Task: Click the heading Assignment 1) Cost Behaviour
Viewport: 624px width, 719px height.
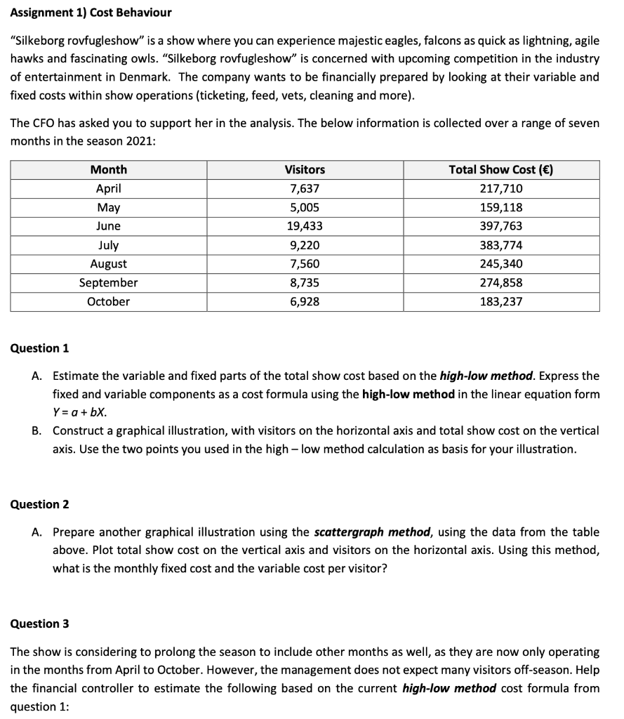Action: point(91,13)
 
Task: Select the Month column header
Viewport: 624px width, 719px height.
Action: point(109,169)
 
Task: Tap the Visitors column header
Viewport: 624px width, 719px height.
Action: point(305,169)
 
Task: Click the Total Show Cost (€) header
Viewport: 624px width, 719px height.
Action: point(501,169)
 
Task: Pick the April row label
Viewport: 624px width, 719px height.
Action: point(109,188)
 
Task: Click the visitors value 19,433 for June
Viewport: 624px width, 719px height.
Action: point(305,226)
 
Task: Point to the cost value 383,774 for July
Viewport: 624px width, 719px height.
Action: point(501,245)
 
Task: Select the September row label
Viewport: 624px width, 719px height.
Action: point(109,282)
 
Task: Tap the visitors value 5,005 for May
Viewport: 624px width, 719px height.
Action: point(305,207)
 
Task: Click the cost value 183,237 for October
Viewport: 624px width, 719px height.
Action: point(501,301)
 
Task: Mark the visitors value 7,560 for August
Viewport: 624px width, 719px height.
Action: point(305,264)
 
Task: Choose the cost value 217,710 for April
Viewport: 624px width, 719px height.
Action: point(501,188)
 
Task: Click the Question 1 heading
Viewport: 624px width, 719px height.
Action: point(40,348)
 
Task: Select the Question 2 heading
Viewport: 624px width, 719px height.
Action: point(40,504)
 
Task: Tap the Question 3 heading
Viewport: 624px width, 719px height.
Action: point(40,624)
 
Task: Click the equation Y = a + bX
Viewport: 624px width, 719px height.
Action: point(81,412)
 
